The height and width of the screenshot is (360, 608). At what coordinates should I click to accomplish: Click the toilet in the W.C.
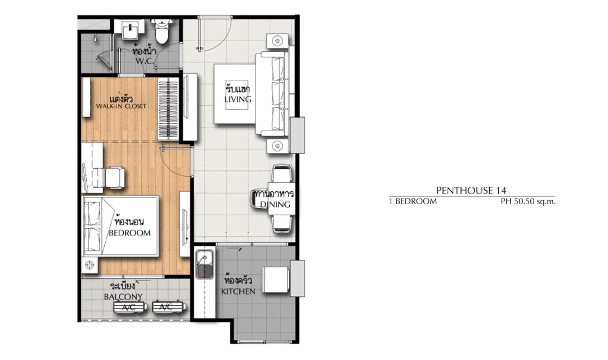[162, 31]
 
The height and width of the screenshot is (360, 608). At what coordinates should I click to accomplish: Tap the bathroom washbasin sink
[130, 29]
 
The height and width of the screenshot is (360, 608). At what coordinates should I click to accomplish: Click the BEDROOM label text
[129, 233]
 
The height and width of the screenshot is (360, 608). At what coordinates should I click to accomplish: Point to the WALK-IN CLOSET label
[122, 106]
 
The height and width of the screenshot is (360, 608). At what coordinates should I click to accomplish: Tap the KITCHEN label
[238, 291]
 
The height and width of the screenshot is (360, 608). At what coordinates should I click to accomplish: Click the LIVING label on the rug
[238, 99]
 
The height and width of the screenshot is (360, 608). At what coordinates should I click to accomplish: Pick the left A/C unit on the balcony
[129, 307]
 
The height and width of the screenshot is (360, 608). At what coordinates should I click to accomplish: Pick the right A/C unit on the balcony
[168, 307]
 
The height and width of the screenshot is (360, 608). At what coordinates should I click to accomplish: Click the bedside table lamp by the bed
[90, 265]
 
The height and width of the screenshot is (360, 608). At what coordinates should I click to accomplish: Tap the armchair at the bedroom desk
[114, 178]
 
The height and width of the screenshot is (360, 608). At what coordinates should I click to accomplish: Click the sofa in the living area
[272, 94]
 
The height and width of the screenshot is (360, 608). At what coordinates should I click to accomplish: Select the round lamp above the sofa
[277, 40]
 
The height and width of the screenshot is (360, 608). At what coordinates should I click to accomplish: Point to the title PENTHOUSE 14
[471, 190]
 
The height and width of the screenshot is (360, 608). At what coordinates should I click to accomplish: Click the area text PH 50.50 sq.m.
[528, 201]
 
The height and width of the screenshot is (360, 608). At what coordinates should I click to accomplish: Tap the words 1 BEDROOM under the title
[413, 201]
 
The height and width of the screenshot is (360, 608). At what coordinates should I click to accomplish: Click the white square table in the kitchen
[276, 279]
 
